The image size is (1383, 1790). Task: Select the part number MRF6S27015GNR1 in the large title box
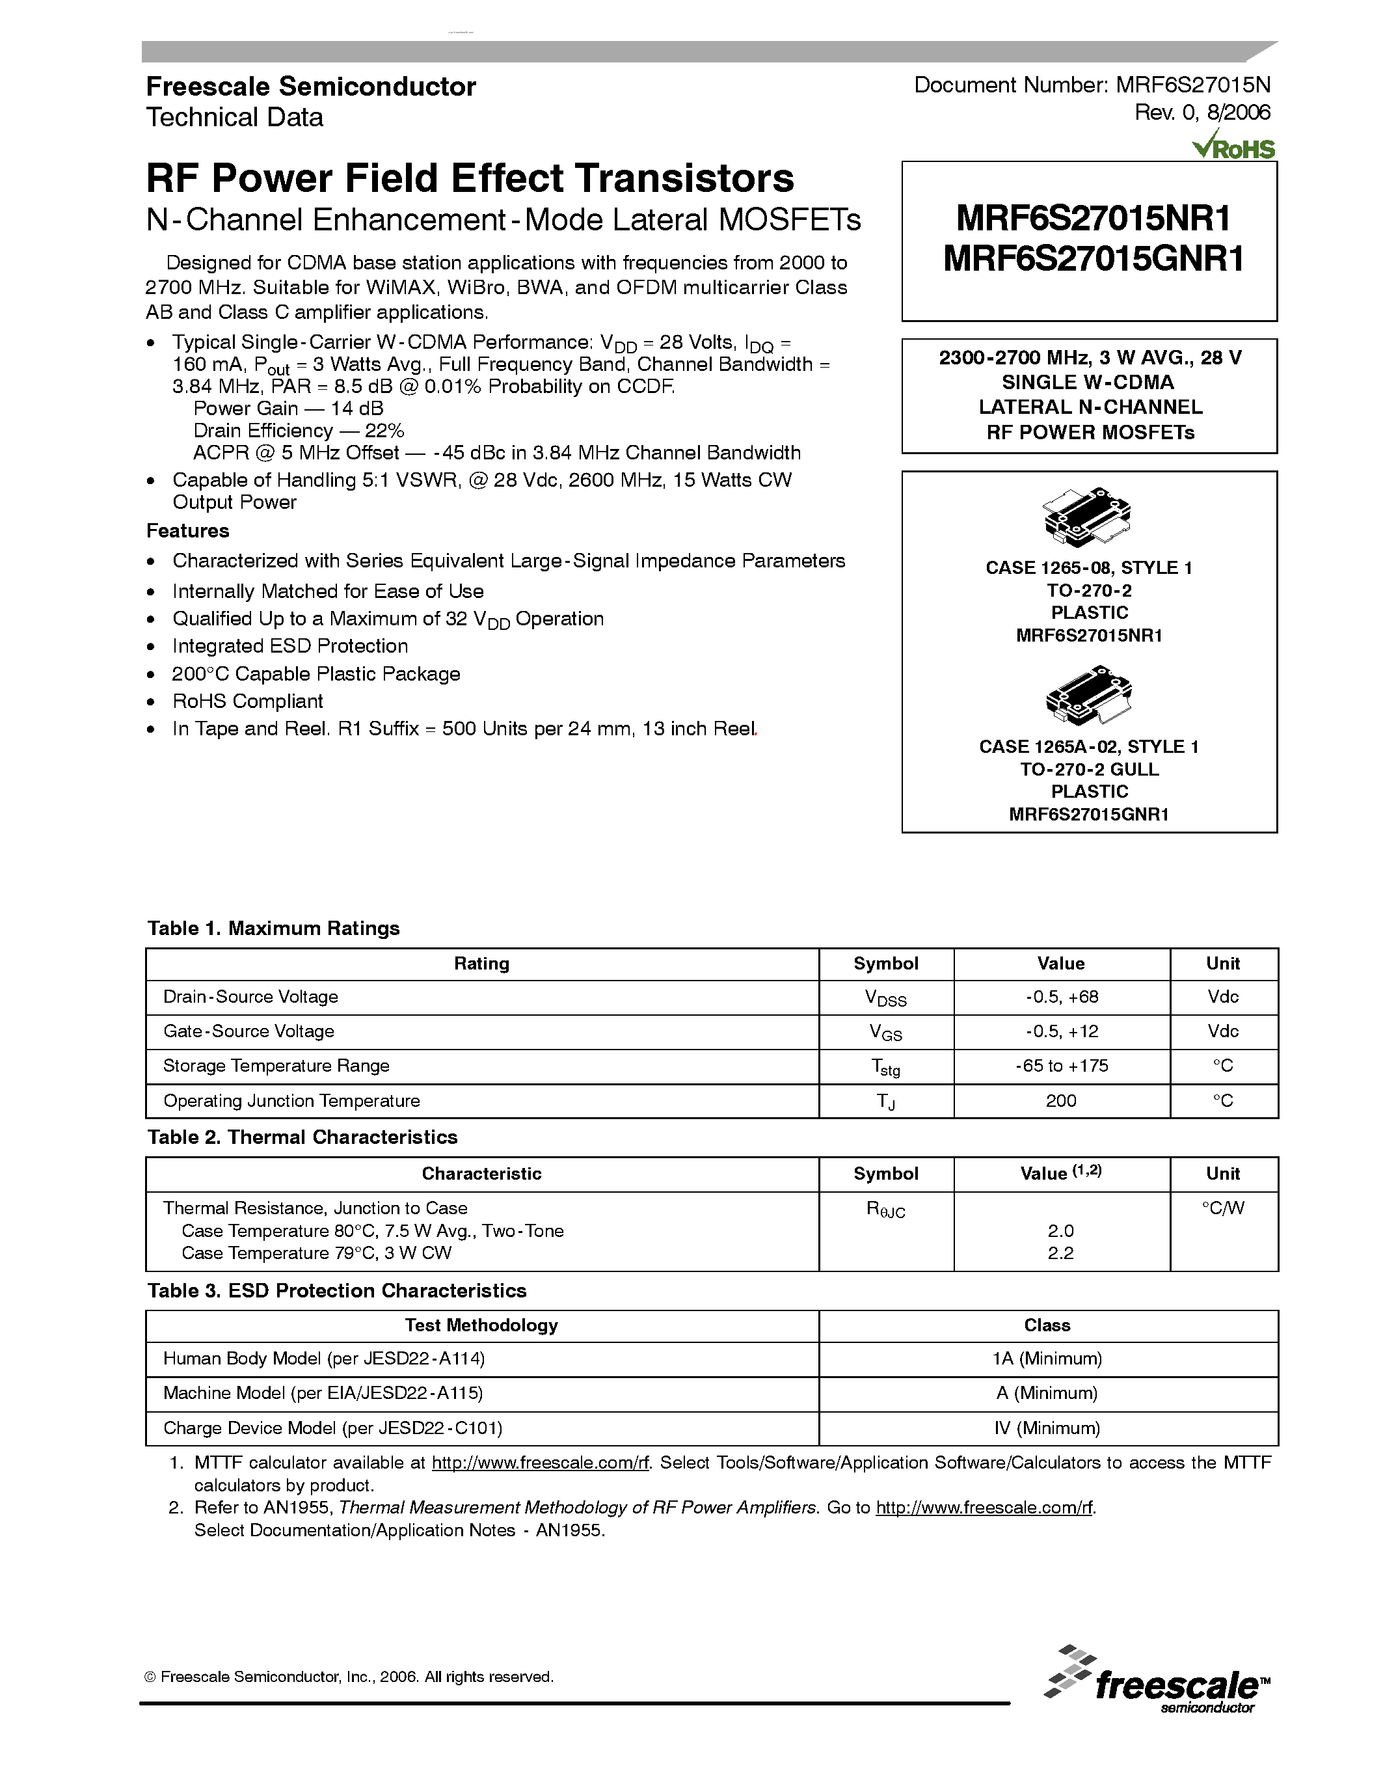1093,259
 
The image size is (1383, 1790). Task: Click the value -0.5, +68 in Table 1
1061,997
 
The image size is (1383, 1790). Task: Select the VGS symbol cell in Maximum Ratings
885,1033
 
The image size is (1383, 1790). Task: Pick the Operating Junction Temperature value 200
1061,1101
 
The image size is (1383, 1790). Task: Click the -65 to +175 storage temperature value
1061,1066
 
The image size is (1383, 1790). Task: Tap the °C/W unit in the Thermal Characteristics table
1222,1208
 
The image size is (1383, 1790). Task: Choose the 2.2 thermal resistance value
1060,1253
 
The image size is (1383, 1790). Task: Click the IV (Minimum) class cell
1047,1428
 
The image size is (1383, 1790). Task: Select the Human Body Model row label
323,1359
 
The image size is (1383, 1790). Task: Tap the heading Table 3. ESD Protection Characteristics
337,1291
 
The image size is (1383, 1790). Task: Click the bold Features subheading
187,531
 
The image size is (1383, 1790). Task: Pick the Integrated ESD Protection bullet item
290,647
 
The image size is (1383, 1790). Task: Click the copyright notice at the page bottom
349,1677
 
